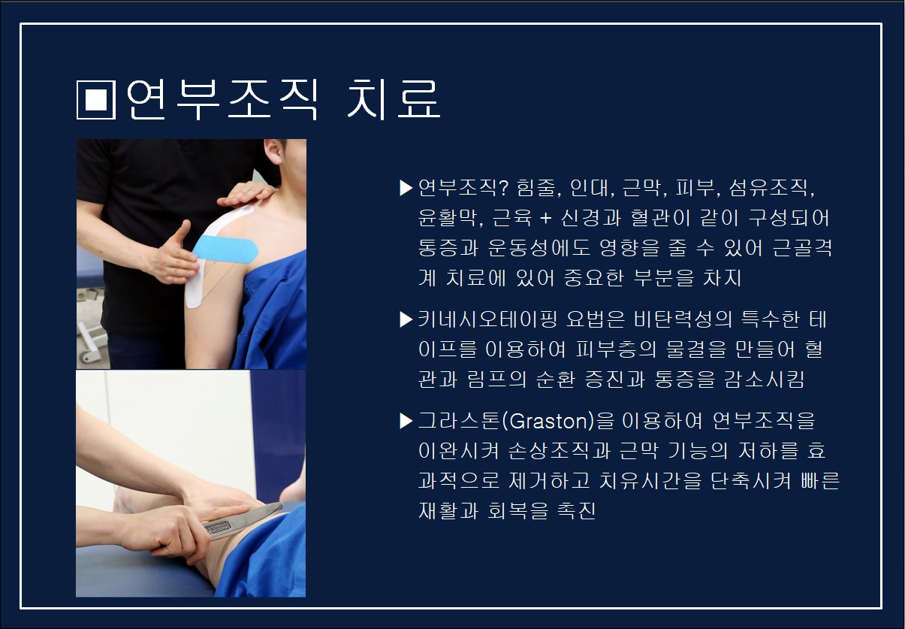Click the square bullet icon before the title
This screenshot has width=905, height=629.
point(96,100)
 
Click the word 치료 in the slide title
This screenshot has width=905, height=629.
point(394,99)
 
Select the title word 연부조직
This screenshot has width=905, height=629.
point(223,99)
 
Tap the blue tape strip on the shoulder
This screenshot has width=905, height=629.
point(225,247)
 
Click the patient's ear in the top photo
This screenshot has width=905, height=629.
point(273,151)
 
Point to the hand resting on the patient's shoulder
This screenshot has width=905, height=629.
point(246,194)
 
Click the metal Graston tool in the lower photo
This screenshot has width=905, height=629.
point(242,521)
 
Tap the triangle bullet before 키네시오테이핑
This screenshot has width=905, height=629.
point(406,319)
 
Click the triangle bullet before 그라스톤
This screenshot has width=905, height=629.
point(406,421)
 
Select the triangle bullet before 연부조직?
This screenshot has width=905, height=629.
point(406,188)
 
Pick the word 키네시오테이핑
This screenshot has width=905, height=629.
point(487,319)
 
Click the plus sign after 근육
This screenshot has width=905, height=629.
point(545,218)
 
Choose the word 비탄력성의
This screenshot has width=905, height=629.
point(683,319)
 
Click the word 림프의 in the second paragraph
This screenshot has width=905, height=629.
point(497,380)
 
